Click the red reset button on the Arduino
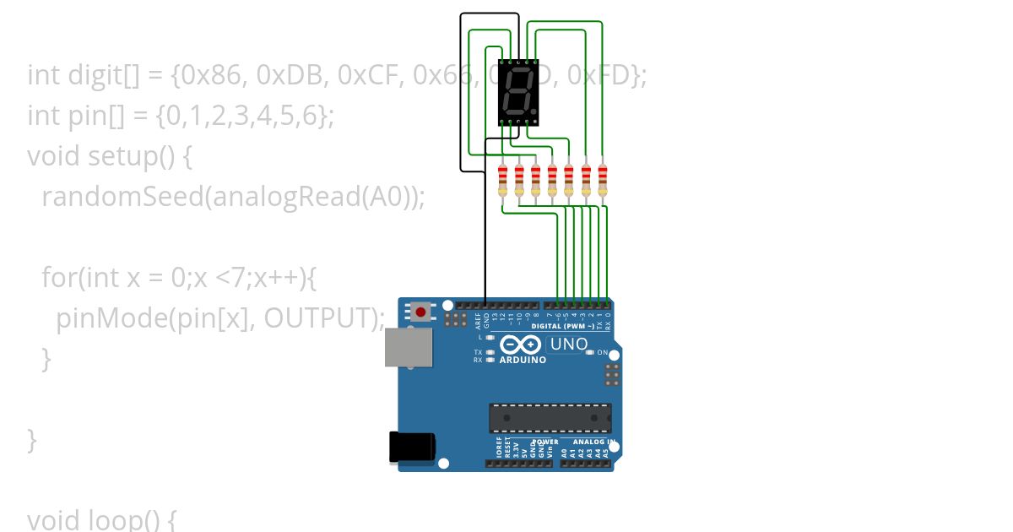421,312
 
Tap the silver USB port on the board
409,347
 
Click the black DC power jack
412,447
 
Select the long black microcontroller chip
550,418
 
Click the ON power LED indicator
591,352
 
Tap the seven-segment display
518,92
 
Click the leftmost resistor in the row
502,181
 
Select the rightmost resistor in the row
602,181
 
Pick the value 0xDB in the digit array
284,76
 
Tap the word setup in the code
122,156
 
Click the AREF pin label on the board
478,321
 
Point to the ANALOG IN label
593,442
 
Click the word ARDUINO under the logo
523,360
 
